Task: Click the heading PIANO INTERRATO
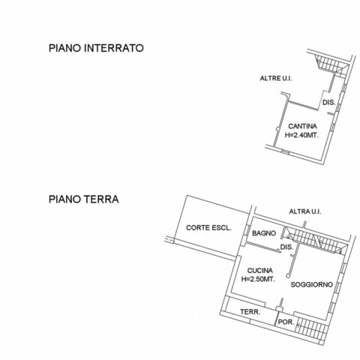point(96,48)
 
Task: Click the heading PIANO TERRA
point(84,199)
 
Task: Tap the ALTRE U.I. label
point(276,78)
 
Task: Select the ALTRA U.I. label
point(305,211)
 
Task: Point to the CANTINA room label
point(302,126)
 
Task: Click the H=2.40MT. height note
point(302,135)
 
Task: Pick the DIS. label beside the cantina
point(328,102)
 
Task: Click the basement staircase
point(331,65)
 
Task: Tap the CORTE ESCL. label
point(208,228)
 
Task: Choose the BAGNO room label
point(264,233)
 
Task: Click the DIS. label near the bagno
point(286,247)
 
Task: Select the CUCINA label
point(260,271)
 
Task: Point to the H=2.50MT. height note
point(258,279)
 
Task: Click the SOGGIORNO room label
point(312,284)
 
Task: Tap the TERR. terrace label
point(250,312)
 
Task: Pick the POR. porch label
point(286,322)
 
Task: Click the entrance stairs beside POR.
point(311,329)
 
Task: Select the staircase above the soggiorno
point(316,241)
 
